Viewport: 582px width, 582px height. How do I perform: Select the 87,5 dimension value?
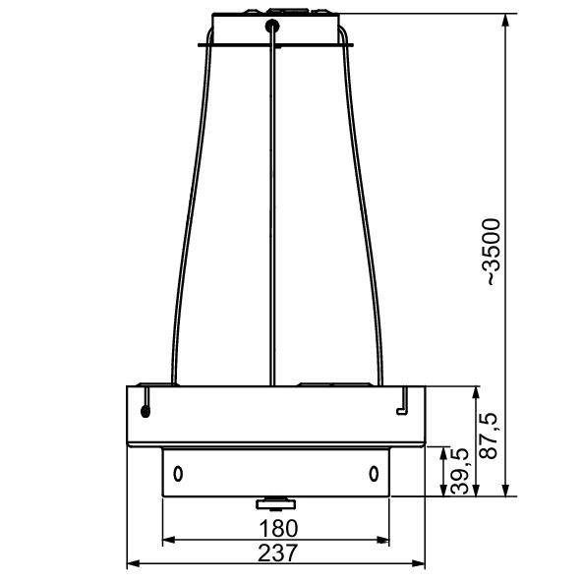[487, 436]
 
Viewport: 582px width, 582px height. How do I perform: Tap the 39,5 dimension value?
[459, 471]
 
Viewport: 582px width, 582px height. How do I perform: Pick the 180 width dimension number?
[278, 528]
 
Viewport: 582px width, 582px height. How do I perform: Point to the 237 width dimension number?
[277, 553]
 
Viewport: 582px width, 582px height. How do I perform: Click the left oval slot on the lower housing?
[178, 474]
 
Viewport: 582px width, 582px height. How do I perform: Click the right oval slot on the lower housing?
[374, 474]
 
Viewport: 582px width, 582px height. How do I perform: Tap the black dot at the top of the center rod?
[272, 26]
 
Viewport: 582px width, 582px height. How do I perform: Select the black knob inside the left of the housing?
[145, 411]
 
